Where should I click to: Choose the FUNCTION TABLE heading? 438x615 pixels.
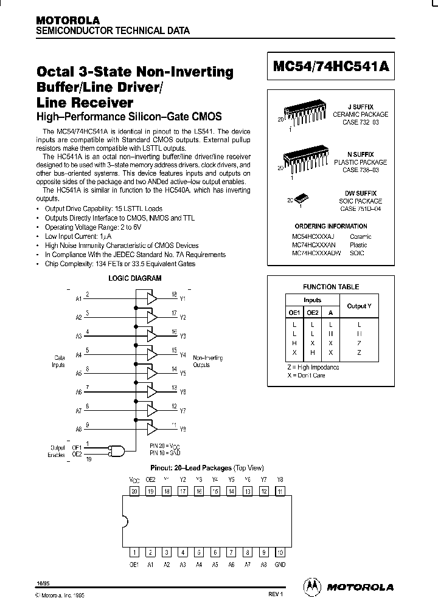point(331,287)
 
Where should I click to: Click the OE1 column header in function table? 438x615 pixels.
point(294,312)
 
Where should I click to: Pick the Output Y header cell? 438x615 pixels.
point(359,306)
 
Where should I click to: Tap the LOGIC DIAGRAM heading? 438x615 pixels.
point(134,278)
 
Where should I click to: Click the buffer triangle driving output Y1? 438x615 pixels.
point(150,298)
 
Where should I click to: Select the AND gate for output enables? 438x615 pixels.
point(116,451)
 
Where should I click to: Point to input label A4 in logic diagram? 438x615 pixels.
point(78,355)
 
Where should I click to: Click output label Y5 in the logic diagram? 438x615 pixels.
point(183,374)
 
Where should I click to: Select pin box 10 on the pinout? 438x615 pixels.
point(280,552)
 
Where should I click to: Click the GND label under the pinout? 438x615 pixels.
point(280,563)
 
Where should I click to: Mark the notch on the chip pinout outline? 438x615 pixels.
point(125,521)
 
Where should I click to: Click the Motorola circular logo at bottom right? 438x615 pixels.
point(312,586)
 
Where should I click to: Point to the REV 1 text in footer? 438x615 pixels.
point(275,594)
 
